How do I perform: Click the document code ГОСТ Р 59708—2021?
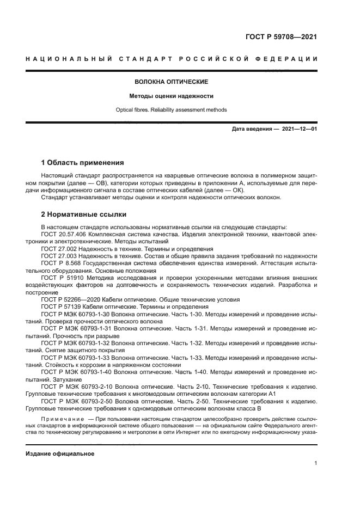(281, 37)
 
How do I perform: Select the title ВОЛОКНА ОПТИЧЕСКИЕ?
(172, 82)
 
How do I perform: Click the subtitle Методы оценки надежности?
(172, 96)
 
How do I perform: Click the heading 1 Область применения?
(83, 163)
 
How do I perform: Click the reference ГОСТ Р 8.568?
(60, 263)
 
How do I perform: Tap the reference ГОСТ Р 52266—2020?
(68, 299)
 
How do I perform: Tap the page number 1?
(316, 463)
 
